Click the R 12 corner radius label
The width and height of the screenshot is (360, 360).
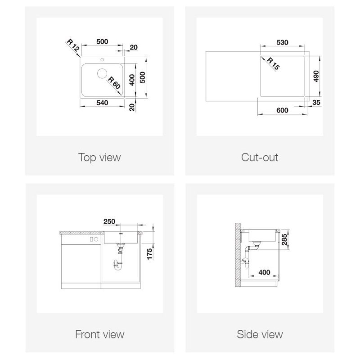73,45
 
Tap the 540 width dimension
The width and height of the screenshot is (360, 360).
102,103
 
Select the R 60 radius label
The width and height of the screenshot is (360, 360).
114,83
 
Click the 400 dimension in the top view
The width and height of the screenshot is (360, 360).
132,80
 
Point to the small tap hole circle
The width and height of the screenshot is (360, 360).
102,60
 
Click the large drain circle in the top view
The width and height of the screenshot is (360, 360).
102,73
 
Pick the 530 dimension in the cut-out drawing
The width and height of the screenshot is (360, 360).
282,42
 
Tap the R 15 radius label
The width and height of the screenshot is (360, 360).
273,63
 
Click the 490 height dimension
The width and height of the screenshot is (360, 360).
316,76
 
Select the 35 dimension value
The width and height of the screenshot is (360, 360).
316,103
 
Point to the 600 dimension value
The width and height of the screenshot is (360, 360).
282,110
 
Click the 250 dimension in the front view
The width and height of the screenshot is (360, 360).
109,221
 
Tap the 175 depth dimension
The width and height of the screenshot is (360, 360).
149,254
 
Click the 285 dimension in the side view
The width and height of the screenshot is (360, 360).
284,239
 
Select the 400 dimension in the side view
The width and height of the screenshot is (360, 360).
264,272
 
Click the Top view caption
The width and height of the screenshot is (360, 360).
99,157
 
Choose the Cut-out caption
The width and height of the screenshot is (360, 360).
260,157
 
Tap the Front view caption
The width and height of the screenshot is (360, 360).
99,334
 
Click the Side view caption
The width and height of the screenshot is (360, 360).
260,334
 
